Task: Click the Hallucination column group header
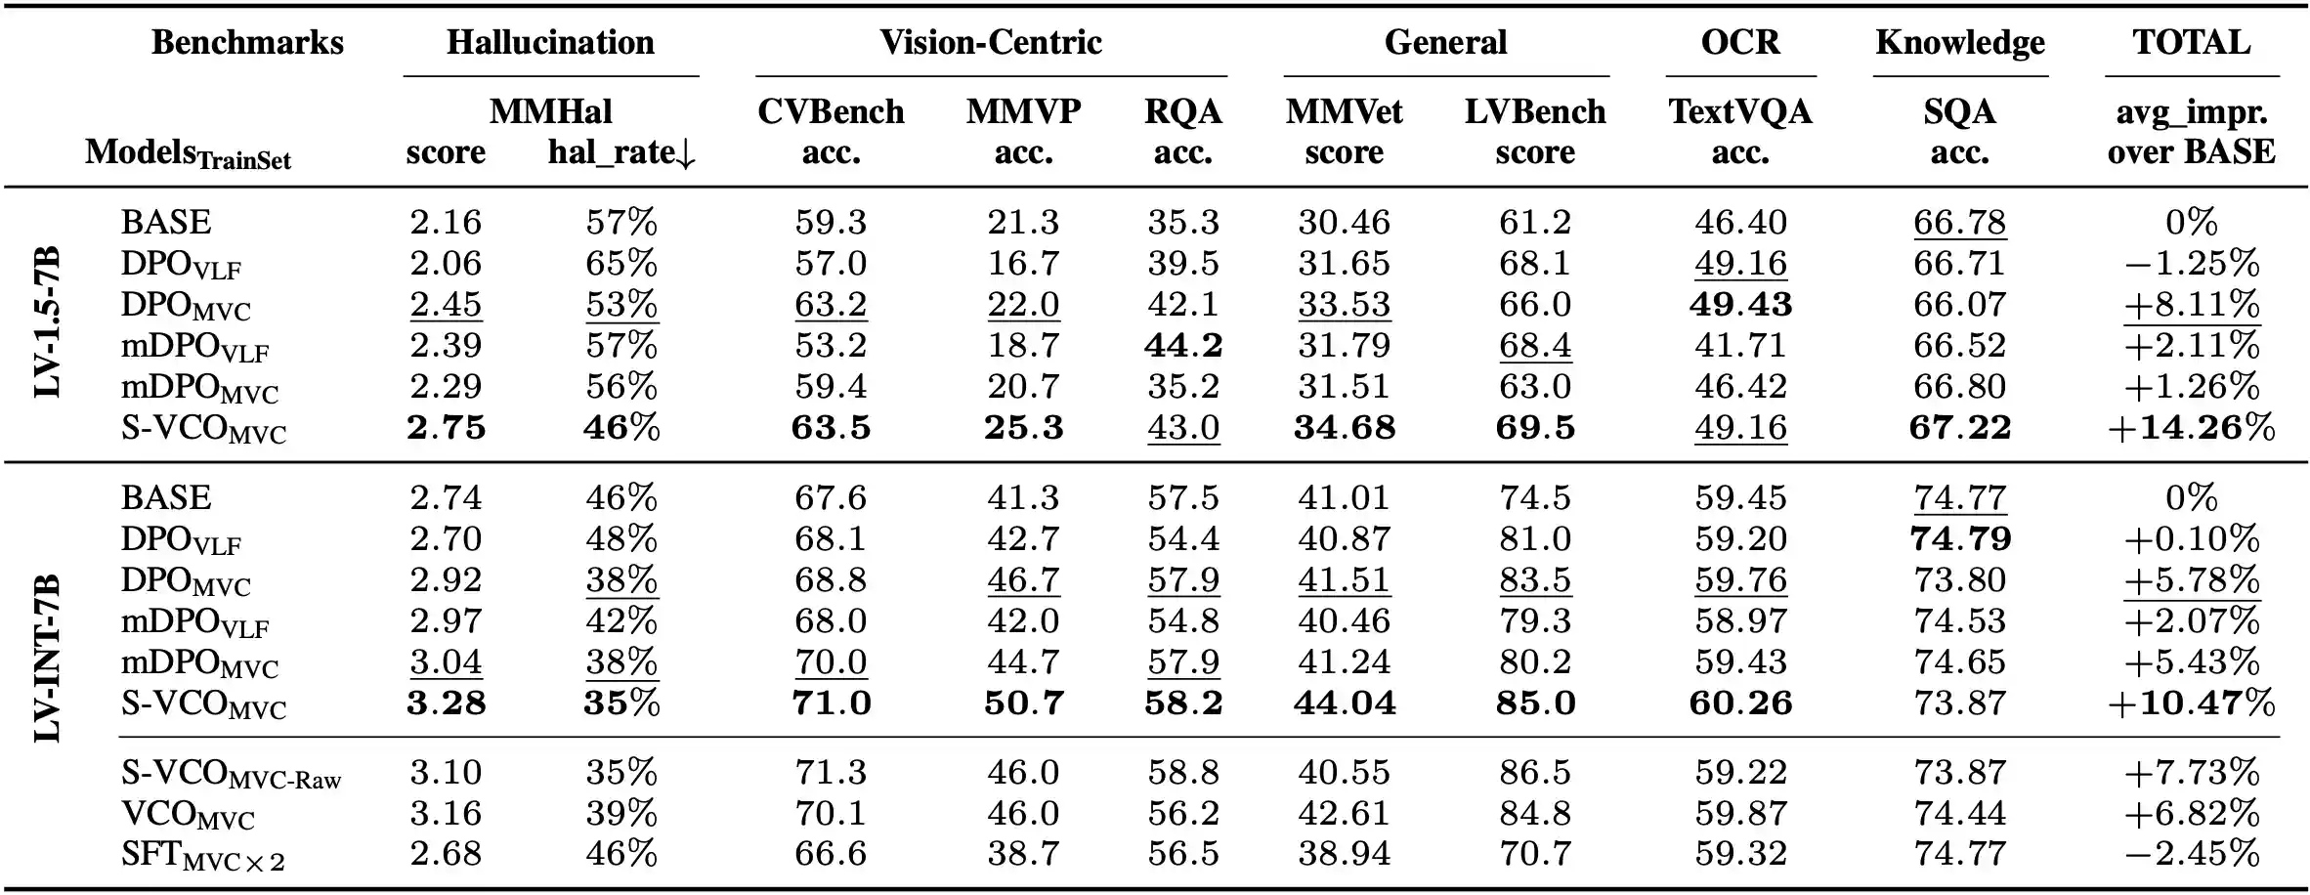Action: click(x=550, y=43)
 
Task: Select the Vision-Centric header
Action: click(x=990, y=43)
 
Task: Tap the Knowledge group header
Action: click(x=1959, y=43)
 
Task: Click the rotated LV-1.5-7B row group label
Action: click(x=47, y=323)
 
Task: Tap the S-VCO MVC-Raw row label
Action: click(x=231, y=774)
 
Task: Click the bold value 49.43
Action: click(x=1740, y=305)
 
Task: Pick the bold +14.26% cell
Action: click(x=2191, y=428)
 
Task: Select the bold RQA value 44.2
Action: click(x=1182, y=346)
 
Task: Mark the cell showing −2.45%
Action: click(x=2191, y=854)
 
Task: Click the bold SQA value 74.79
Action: click(x=1959, y=539)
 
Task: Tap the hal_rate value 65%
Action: click(x=621, y=264)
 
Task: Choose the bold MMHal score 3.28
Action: click(x=446, y=703)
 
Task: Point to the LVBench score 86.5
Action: click(x=1534, y=773)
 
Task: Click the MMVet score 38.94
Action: click(x=1344, y=854)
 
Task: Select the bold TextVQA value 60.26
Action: click(x=1740, y=703)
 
